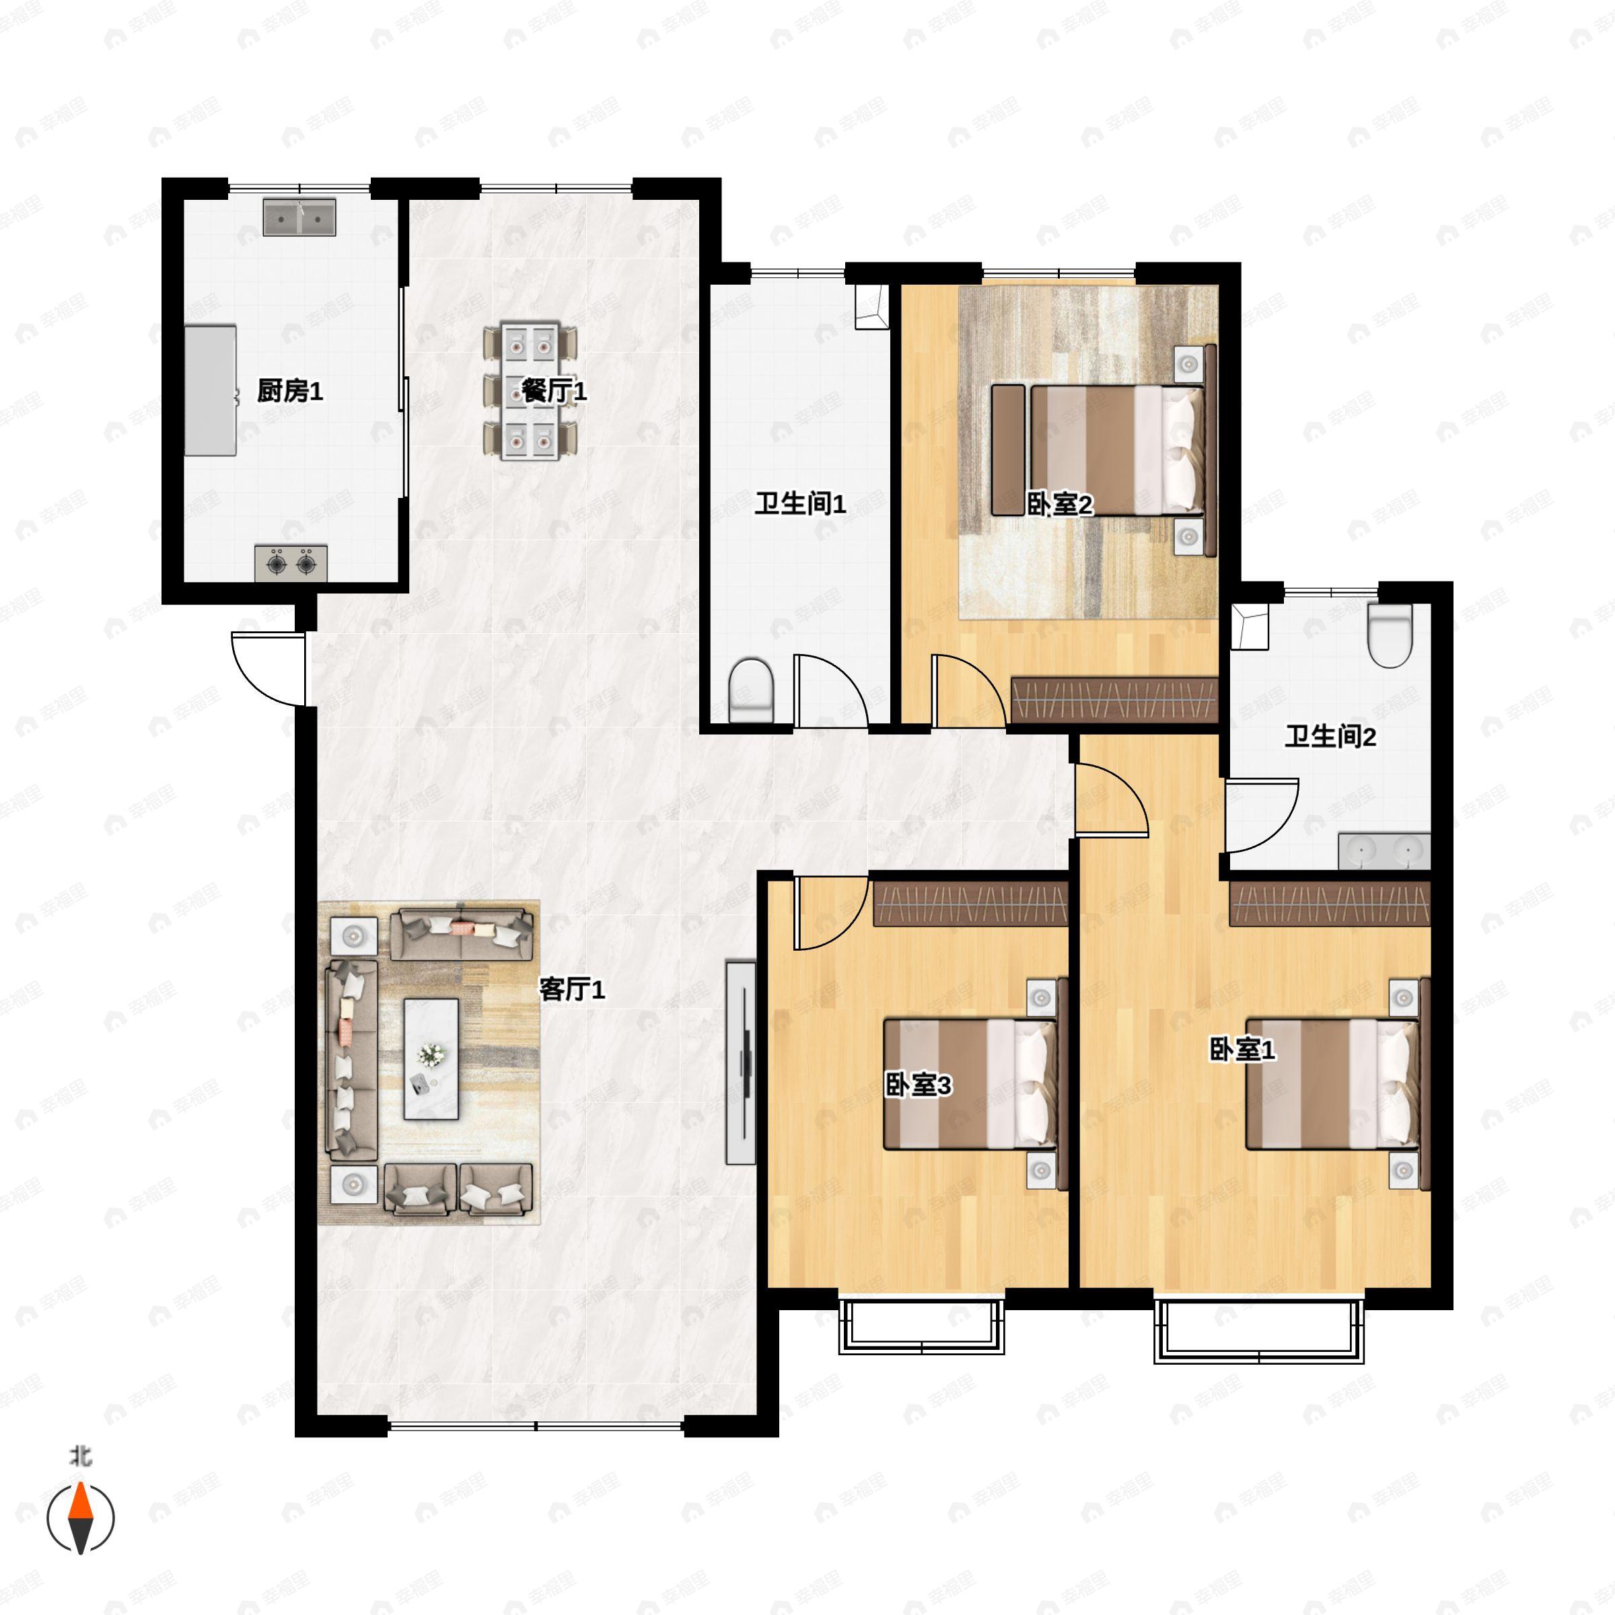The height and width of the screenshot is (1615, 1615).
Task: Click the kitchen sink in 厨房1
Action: (299, 217)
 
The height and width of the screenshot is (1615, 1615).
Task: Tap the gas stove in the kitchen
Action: (291, 563)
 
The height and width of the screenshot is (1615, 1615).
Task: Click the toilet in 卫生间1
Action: (752, 690)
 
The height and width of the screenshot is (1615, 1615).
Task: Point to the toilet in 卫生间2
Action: (1390, 635)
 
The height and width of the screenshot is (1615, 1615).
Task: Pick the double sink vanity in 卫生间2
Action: (1384, 851)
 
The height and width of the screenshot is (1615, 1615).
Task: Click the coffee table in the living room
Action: (431, 1058)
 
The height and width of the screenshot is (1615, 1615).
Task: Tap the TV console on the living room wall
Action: (741, 1063)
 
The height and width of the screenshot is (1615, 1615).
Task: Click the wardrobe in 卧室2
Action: (1114, 700)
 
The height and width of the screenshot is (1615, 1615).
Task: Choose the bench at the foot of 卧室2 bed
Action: (1008, 450)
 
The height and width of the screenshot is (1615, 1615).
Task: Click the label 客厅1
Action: (572, 989)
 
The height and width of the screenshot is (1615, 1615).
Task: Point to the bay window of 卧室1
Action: (1259, 1331)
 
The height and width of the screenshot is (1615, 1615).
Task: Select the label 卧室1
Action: (1243, 1050)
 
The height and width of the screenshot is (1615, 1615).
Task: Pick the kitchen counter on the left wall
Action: (211, 390)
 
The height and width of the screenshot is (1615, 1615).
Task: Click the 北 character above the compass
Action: (80, 1456)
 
